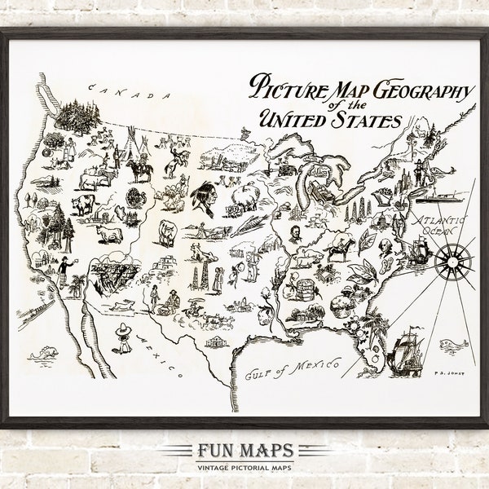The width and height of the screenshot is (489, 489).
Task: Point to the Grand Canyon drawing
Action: tap(112, 274)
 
